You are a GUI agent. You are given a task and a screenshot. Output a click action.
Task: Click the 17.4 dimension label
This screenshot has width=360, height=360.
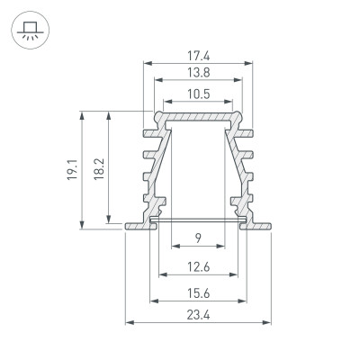pos(197,55)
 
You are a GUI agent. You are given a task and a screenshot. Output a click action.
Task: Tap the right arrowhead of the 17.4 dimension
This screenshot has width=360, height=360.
pos(247,63)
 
